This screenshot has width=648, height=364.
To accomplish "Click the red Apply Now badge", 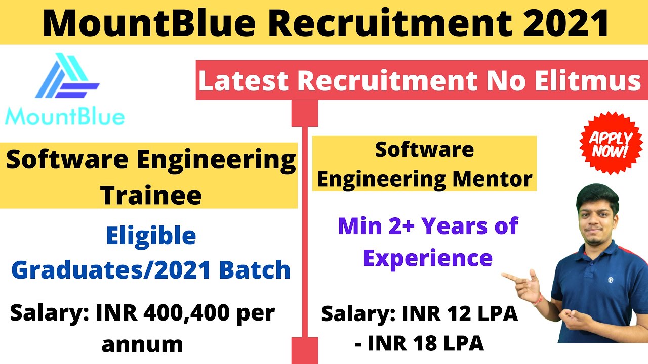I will [x=610, y=144].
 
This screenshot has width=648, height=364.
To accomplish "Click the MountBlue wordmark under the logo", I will [x=64, y=117].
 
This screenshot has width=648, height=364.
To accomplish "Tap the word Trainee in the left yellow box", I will [x=151, y=195].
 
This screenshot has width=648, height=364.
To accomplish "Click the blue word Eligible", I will [x=151, y=236].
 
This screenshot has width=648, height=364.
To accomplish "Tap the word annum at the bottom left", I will [x=142, y=344].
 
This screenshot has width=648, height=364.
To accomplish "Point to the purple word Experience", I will [x=428, y=258].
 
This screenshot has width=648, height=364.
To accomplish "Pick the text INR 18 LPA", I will [x=426, y=344].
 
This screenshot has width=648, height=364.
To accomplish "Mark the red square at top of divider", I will [x=305, y=113].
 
